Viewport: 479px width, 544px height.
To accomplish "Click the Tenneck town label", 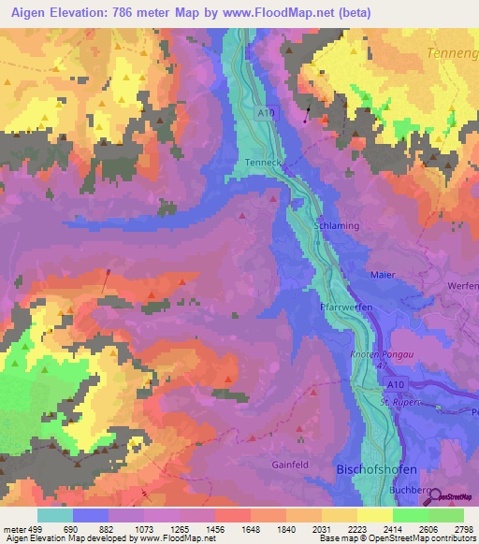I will [263, 163].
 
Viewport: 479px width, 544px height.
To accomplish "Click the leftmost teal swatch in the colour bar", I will [55, 515].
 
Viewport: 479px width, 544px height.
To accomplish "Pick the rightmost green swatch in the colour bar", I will [446, 515].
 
